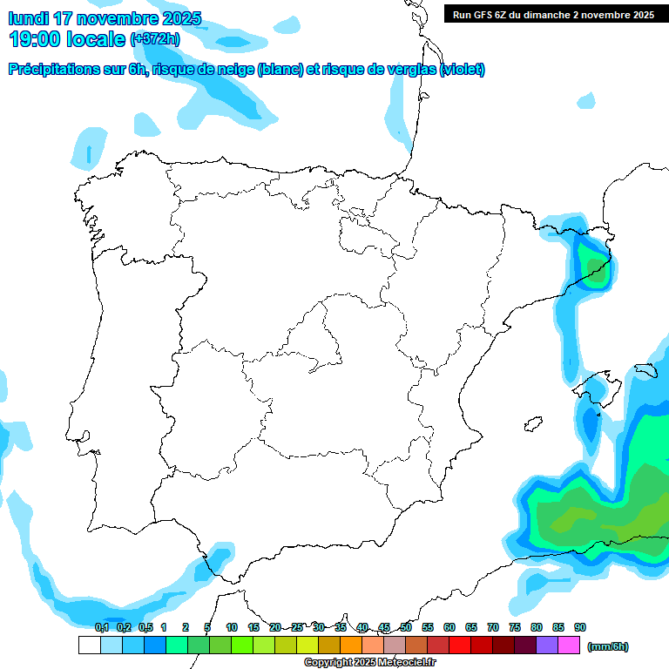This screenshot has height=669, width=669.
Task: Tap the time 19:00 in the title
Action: (37, 38)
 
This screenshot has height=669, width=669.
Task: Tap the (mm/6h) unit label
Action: (608, 646)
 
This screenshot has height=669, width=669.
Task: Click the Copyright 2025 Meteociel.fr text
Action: (370, 663)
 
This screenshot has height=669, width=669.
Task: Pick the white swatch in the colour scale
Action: (89, 645)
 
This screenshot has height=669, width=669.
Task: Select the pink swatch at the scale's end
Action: (569, 645)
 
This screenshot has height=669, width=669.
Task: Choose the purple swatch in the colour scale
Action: (547, 645)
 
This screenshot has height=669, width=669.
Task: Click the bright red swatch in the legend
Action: (460, 645)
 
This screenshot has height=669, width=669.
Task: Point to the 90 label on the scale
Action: (580, 627)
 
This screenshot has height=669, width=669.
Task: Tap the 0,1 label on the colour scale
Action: (102, 627)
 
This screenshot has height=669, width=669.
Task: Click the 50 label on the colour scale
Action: (406, 627)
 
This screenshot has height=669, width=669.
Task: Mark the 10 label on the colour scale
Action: (232, 627)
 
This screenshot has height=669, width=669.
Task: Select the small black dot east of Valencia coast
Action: (529, 424)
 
